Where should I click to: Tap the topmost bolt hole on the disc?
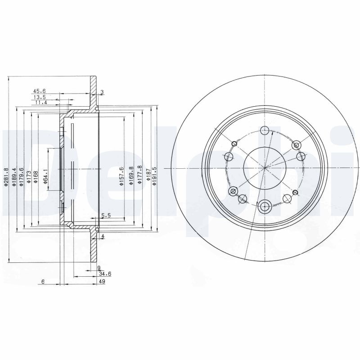click(x=265, y=130)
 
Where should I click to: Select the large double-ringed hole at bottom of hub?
click(x=265, y=207)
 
